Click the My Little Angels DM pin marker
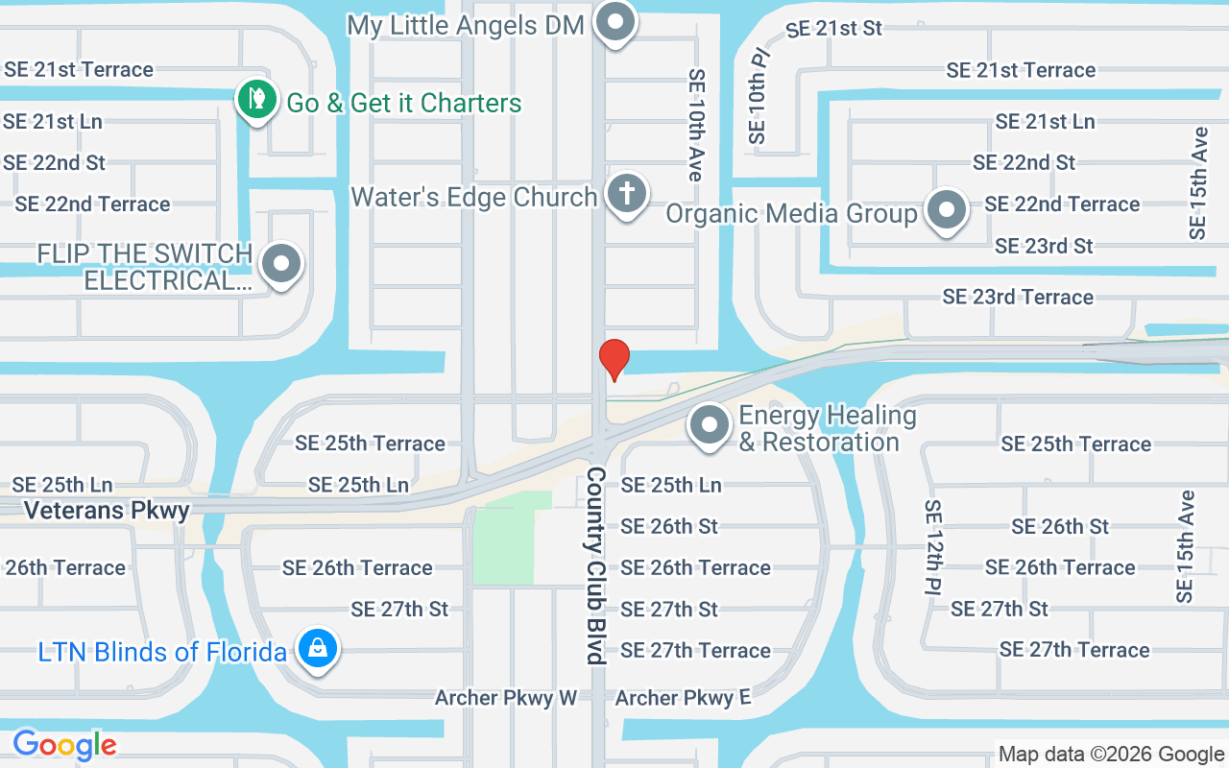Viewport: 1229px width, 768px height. point(615,22)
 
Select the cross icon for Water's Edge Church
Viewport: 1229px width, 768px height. point(626,193)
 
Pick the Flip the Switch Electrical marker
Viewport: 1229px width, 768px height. point(281,264)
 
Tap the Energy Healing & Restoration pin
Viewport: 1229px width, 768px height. point(710,425)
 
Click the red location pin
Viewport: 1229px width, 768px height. point(614,359)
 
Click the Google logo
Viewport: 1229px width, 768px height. point(64,744)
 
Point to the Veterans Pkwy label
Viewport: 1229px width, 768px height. point(107,510)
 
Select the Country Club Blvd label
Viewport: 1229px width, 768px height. point(597,565)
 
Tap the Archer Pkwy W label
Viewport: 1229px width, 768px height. point(505,698)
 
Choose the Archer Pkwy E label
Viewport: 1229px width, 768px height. point(683,698)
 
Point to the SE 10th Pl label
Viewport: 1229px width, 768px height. point(759,96)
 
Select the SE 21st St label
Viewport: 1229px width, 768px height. point(833,29)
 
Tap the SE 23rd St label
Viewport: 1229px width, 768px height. point(1044,246)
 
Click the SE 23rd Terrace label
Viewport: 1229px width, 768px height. point(1018,297)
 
